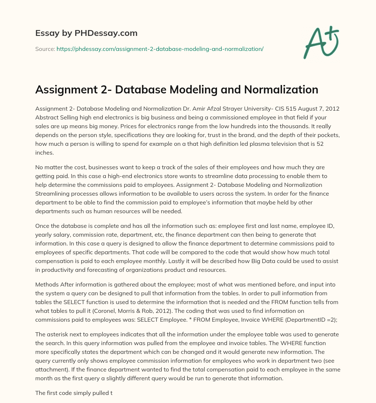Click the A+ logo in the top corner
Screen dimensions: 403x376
click(321, 43)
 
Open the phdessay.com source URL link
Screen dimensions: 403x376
click(160, 49)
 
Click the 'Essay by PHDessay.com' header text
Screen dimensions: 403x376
click(86, 33)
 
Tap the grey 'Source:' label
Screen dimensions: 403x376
click(45, 49)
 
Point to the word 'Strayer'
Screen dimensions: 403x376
click(212, 109)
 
